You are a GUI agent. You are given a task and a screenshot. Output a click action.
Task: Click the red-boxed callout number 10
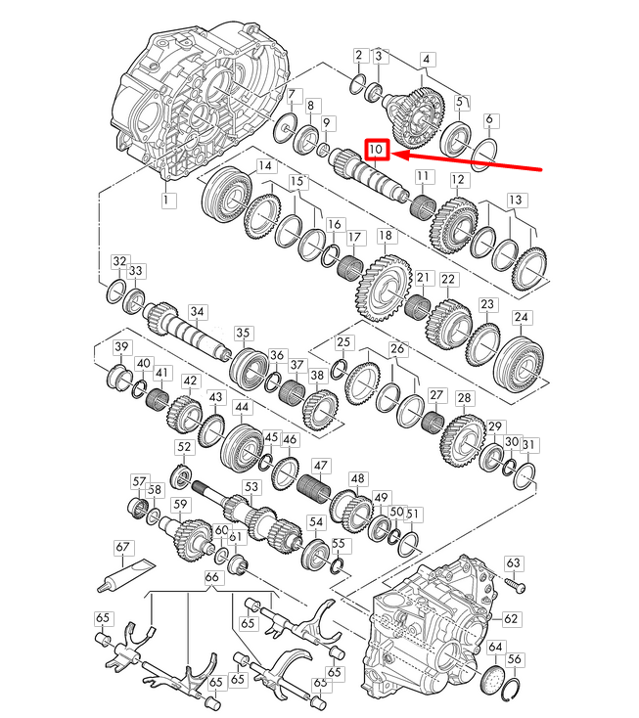(378, 150)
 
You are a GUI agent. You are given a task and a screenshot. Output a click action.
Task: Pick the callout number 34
(198, 313)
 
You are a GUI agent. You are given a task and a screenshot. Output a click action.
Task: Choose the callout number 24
(522, 318)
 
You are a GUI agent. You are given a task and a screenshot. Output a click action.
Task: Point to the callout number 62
(510, 618)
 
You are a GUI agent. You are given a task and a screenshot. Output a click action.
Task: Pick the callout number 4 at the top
(426, 58)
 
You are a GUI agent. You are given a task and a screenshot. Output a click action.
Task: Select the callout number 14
(265, 167)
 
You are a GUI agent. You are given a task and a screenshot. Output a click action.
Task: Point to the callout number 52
(183, 447)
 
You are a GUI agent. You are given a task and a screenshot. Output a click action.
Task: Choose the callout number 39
(121, 348)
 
